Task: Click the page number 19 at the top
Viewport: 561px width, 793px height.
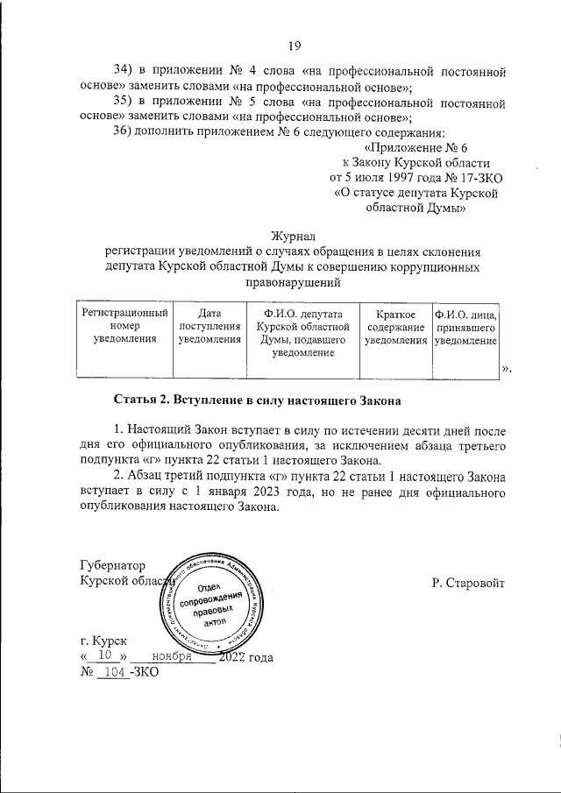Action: click(x=295, y=46)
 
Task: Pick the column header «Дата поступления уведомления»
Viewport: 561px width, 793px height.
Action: click(x=209, y=326)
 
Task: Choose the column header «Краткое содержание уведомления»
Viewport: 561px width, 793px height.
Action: click(x=395, y=326)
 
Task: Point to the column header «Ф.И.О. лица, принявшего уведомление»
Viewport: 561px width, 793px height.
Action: click(x=466, y=326)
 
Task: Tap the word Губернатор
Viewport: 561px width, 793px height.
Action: click(x=112, y=565)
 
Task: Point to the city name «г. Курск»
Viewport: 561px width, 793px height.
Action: click(x=103, y=641)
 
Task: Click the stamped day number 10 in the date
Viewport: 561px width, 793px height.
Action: click(x=104, y=655)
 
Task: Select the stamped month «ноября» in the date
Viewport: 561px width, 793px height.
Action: click(x=171, y=655)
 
